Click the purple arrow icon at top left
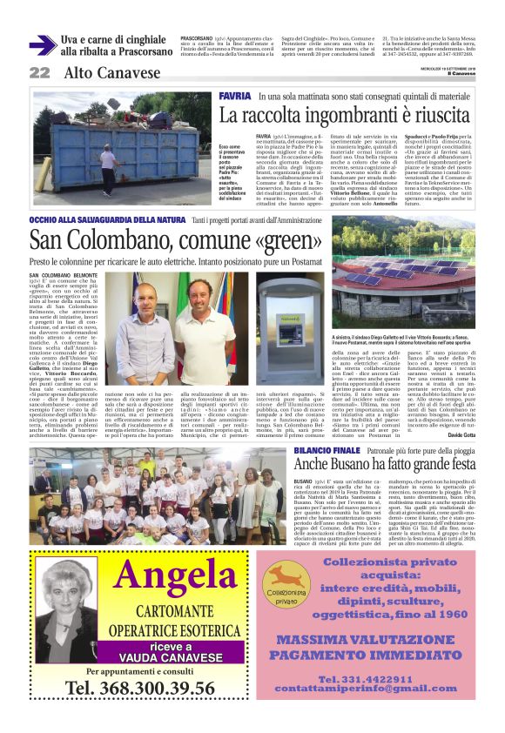[x=42, y=44]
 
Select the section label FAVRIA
[x=234, y=94]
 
